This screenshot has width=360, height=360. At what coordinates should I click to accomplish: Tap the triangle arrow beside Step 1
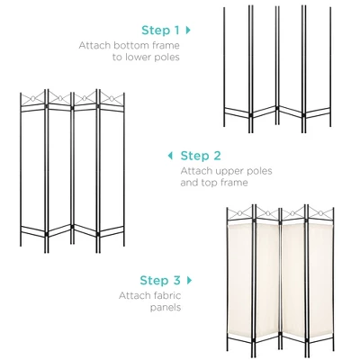pos(188,30)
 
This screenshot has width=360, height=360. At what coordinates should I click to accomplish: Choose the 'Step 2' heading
pos(202,156)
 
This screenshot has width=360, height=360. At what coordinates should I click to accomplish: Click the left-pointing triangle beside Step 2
pos(170,156)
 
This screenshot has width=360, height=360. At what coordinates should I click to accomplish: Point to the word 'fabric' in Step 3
pos(168,294)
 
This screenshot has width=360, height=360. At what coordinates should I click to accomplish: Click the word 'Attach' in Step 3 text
pos(134,294)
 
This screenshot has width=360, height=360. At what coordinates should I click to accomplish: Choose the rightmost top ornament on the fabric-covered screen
pos(321,212)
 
